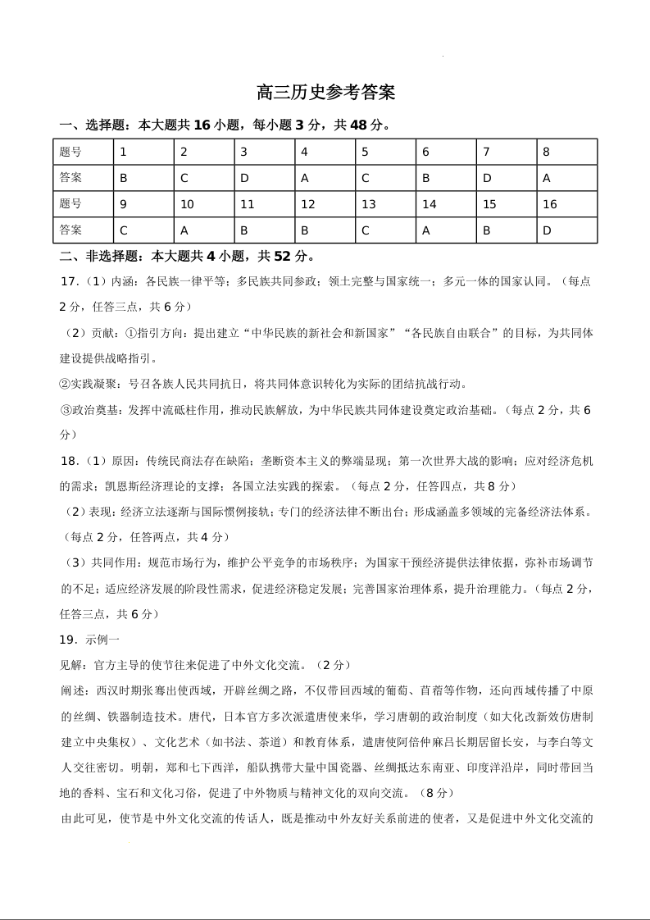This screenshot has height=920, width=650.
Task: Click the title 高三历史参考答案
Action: coord(325,93)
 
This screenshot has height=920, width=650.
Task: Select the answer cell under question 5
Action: coord(385,178)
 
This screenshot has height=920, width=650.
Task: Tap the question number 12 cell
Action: coord(325,204)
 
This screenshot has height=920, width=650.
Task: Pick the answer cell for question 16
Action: coord(567,230)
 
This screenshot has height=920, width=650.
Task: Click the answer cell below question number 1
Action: coord(143,178)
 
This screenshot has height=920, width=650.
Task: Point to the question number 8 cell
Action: coord(567,152)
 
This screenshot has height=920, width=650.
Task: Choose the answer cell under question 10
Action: coord(203,230)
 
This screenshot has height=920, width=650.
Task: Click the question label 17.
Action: coord(69,281)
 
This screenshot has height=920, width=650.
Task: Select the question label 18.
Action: coord(69,461)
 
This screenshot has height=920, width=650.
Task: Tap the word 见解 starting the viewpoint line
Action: coord(71,665)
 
